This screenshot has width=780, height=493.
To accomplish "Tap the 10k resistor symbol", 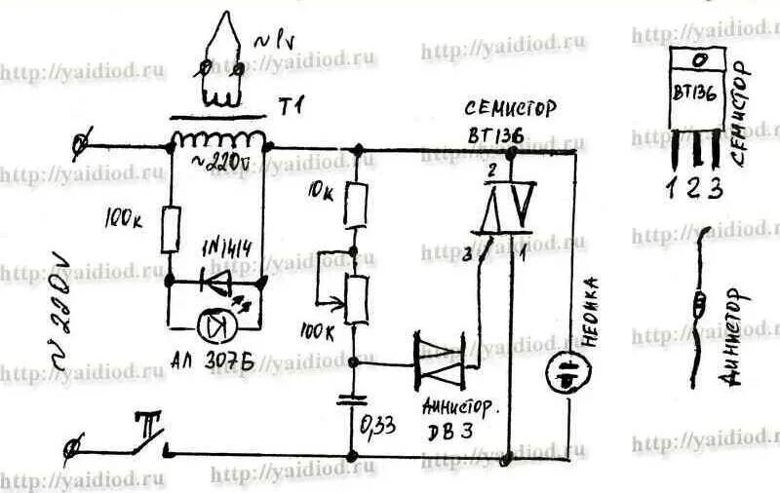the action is coord(359,204).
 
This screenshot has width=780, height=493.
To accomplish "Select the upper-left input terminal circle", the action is coord(82,144).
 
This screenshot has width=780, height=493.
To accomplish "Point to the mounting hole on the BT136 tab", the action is coord(697,59).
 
